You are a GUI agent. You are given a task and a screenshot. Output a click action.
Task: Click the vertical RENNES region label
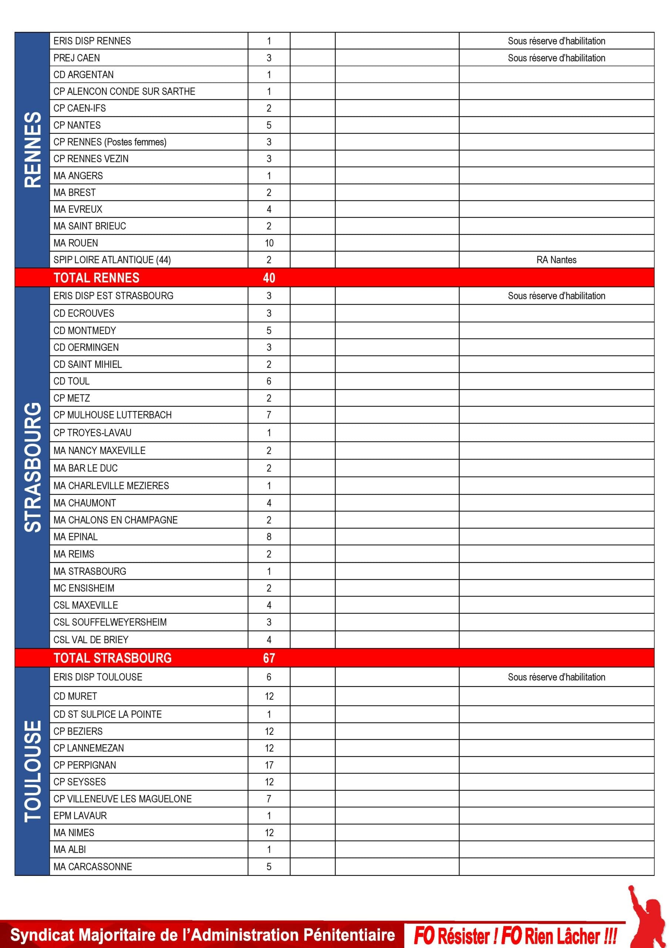[x=33, y=150]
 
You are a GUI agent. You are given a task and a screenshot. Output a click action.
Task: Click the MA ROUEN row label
[x=76, y=243]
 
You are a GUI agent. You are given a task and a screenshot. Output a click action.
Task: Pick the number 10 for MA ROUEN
[x=269, y=243]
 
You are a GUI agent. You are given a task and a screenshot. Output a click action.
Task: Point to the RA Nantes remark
[x=556, y=260]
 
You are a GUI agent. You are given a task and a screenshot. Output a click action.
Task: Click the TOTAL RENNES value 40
[x=269, y=277]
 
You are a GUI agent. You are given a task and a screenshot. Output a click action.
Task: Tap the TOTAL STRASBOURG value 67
[x=269, y=658]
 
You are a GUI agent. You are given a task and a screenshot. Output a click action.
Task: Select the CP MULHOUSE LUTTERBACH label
[x=112, y=415]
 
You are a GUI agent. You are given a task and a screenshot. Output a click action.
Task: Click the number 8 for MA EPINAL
[x=269, y=537]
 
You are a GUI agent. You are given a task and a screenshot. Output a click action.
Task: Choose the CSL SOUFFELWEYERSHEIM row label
[x=110, y=622]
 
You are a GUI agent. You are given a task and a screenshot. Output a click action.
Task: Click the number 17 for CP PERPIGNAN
[x=269, y=765]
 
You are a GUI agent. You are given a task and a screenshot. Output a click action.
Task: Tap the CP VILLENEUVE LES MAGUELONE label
[x=122, y=799]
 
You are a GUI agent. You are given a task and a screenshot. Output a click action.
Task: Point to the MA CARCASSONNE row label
[x=93, y=867]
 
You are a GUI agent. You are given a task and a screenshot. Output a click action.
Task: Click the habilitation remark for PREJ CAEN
[x=556, y=58]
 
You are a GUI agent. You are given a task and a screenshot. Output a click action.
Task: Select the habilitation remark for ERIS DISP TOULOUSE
[x=556, y=677]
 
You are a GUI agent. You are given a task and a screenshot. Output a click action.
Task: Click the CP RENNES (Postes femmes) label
[x=110, y=142]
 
